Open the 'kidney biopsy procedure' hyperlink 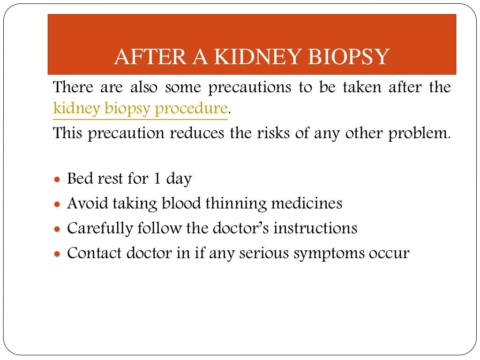[x=140, y=109]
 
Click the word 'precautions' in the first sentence [x=246, y=87]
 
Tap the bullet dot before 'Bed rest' [x=57, y=180]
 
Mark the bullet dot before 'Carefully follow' [x=57, y=230]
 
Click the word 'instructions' [x=315, y=228]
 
